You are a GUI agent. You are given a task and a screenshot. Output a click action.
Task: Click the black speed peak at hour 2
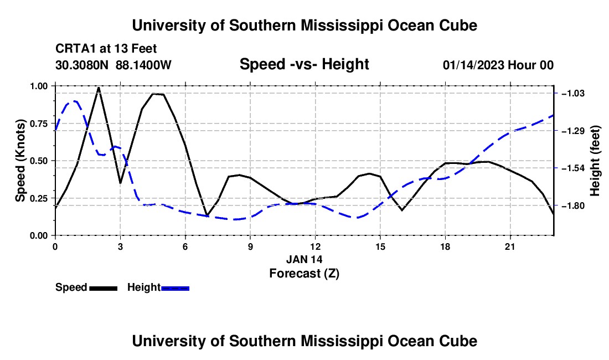point(99,88)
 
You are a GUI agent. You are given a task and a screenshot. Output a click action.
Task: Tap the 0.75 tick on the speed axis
point(39,124)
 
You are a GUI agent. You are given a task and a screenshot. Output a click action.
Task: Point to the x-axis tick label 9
point(250,246)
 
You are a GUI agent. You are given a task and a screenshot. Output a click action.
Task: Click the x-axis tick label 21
point(509,246)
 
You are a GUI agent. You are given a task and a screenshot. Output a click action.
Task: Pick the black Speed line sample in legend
point(104,288)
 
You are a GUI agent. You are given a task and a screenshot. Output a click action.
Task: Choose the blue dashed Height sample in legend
point(175,288)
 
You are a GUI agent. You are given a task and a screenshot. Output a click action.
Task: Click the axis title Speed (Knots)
point(20,161)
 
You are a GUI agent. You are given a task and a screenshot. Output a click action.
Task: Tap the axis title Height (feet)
point(595,161)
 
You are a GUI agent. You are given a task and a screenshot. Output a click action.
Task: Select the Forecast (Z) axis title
point(304,274)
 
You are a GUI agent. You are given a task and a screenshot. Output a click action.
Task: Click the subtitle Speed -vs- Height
point(304,64)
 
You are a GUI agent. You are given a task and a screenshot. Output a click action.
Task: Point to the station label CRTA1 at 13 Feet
point(106,49)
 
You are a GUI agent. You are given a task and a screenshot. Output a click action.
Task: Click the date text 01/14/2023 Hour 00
point(498,65)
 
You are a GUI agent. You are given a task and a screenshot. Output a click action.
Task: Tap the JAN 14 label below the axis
point(304,259)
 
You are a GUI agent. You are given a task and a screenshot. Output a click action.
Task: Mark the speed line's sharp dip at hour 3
point(120,183)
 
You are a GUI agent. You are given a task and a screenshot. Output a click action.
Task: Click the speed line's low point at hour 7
point(207,215)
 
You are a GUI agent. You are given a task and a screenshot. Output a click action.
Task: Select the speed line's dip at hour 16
point(401,210)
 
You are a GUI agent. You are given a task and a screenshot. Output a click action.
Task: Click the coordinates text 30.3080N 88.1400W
point(113,65)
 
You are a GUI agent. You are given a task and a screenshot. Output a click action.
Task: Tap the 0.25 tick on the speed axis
point(39,198)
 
